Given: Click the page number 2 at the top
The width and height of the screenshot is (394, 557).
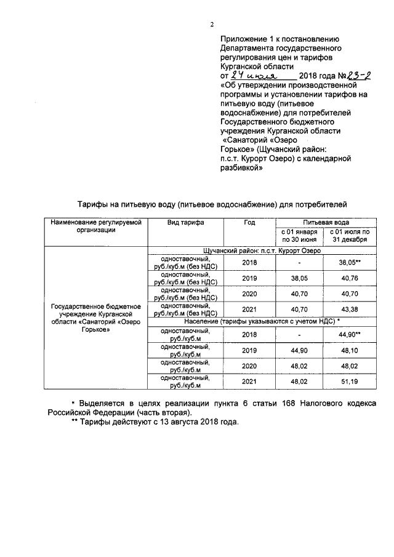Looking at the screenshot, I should pyautogui.click(x=211, y=24).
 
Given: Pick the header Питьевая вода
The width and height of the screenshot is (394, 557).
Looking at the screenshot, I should pyautogui.click(x=325, y=222).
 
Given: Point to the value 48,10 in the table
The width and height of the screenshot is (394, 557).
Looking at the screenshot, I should pyautogui.click(x=349, y=351).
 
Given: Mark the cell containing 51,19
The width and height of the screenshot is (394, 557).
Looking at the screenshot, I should pyautogui.click(x=349, y=382).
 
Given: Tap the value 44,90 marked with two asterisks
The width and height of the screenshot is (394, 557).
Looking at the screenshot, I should pyautogui.click(x=349, y=335).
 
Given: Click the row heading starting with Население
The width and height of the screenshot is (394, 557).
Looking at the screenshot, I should pyautogui.click(x=262, y=321).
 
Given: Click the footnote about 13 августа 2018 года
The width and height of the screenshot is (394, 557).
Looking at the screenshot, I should pyautogui.click(x=154, y=423).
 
